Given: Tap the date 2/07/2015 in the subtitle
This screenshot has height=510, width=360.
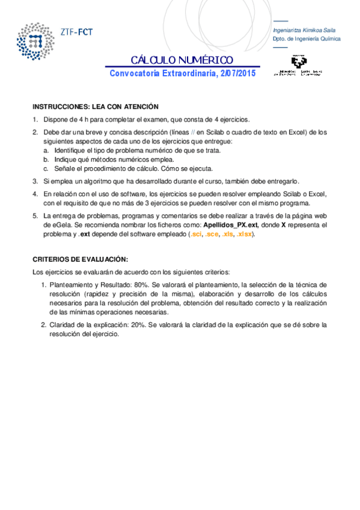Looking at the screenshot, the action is (x=238, y=73).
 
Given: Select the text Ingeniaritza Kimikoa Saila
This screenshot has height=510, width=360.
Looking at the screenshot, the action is (x=304, y=29).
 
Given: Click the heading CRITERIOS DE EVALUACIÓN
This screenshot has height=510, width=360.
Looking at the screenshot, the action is (x=80, y=259).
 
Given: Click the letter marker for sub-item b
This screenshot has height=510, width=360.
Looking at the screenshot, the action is (x=46, y=159).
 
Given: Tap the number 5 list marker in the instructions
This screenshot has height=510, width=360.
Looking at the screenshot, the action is (x=35, y=215).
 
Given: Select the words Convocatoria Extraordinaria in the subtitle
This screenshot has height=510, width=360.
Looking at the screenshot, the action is (x=162, y=73).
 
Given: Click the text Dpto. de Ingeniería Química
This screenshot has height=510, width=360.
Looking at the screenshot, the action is (x=307, y=38).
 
